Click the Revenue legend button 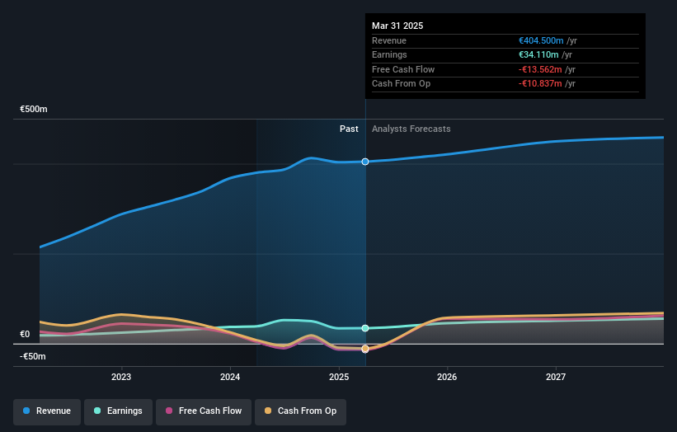47,411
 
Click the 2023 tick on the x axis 121,378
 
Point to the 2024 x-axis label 230,378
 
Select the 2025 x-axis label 339,378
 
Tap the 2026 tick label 447,378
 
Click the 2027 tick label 556,378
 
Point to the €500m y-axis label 34,110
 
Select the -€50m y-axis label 33,357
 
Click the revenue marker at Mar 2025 364,162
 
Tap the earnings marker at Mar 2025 364,328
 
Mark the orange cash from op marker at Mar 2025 364,349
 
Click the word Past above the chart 349,129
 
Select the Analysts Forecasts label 411,129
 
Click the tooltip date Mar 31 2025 397,26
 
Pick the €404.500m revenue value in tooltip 541,40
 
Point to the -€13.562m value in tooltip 541,69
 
